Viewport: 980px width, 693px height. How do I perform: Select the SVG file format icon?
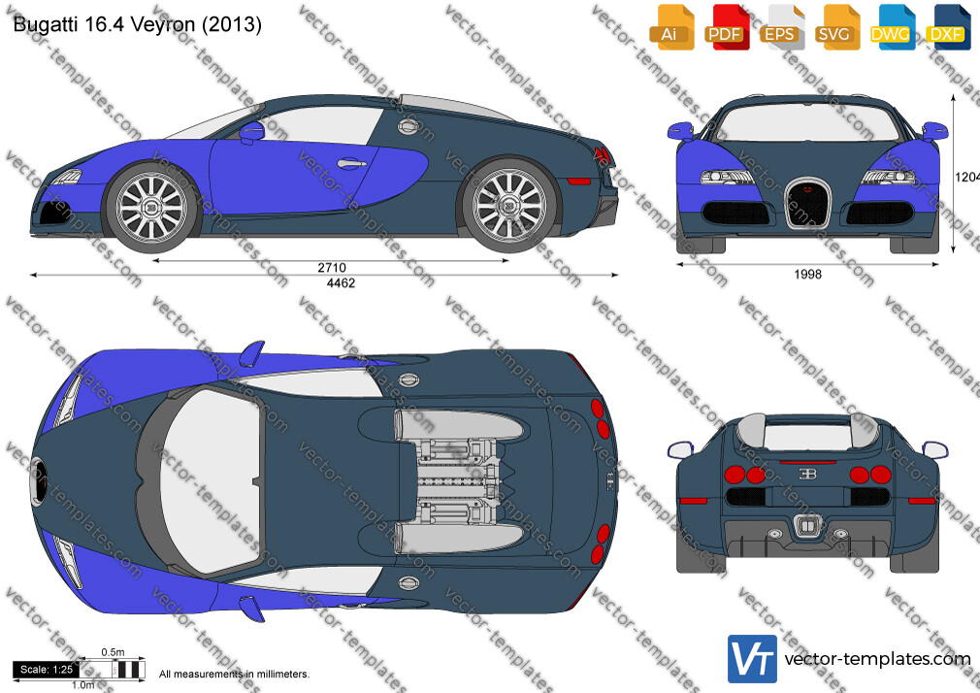tap(835, 27)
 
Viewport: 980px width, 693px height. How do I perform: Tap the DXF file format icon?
tap(948, 27)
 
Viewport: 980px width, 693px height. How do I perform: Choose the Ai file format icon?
tap(670, 27)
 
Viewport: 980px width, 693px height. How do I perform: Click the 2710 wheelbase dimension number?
tap(331, 268)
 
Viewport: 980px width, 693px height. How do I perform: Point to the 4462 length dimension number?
tap(341, 283)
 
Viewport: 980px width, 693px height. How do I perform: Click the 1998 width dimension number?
tap(807, 274)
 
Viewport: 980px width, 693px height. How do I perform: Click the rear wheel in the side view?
tap(509, 204)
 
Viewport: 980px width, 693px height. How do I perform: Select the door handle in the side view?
tap(352, 164)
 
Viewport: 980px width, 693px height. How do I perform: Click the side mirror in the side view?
tap(251, 131)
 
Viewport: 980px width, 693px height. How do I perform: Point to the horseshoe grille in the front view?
tap(807, 202)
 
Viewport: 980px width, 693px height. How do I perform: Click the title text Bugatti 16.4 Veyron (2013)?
tap(138, 24)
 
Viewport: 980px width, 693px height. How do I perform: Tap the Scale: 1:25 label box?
tap(47, 670)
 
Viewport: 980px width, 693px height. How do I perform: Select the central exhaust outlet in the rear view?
tap(807, 527)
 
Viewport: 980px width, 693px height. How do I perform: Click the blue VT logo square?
tap(753, 659)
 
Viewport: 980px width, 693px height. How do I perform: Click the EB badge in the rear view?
tap(807, 474)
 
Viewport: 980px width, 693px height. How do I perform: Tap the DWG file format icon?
tap(892, 27)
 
